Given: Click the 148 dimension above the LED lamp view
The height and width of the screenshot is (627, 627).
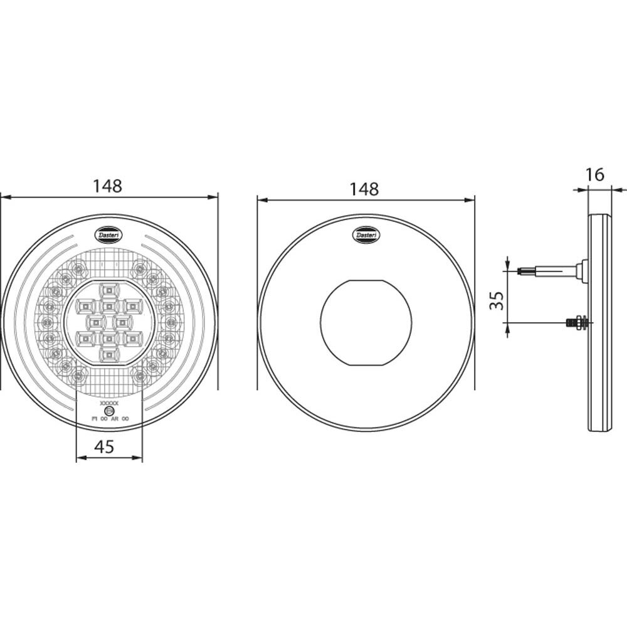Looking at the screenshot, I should [x=108, y=186].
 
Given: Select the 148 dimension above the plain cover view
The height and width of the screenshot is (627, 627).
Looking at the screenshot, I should [x=364, y=189].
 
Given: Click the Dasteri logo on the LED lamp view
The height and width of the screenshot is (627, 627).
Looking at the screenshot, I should [x=110, y=233].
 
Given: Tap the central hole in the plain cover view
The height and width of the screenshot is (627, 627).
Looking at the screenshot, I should [x=364, y=322].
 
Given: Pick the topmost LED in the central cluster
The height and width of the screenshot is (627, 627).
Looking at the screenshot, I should [x=109, y=290].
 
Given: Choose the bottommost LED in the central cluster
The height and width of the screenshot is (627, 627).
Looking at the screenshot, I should [x=109, y=356].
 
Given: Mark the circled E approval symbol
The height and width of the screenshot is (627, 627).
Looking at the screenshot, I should [x=109, y=411].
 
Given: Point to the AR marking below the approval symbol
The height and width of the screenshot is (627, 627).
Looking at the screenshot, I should [x=114, y=418].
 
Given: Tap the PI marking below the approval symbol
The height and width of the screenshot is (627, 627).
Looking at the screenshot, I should [x=95, y=418].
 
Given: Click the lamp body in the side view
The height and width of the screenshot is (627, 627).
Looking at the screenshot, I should [x=600, y=322].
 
